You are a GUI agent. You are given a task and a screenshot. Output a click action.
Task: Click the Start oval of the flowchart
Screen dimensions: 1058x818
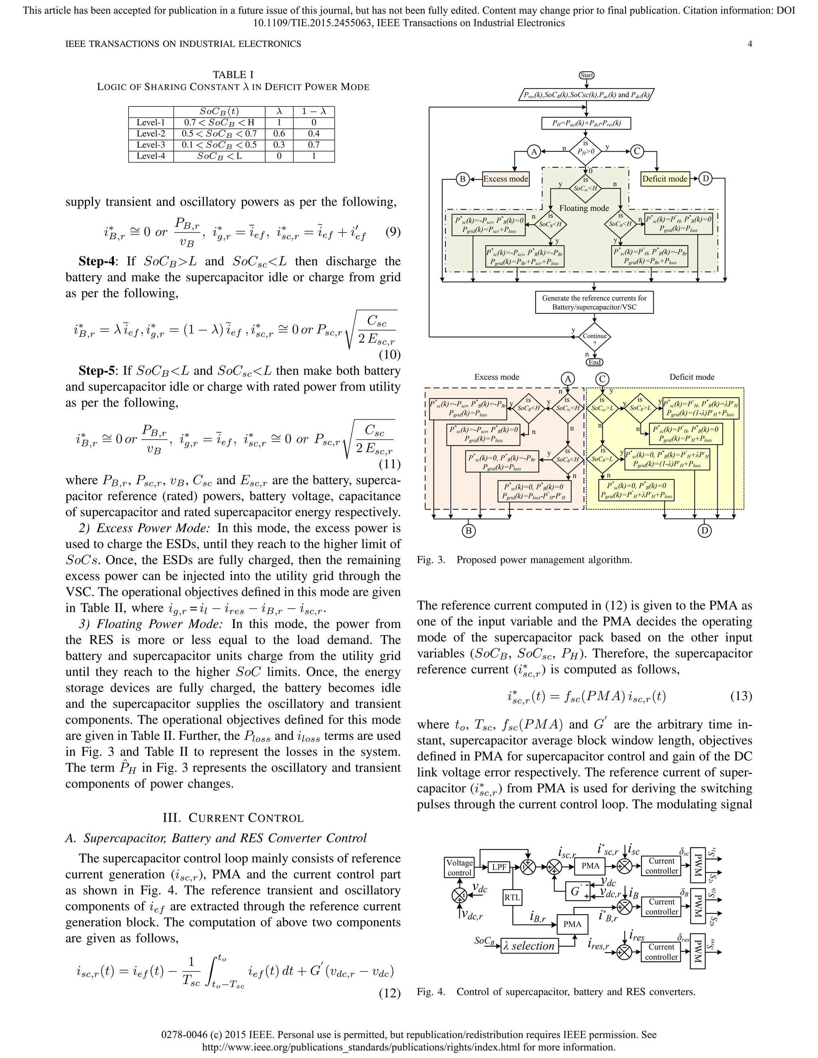586,75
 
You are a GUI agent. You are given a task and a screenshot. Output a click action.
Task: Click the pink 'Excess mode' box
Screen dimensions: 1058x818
505,179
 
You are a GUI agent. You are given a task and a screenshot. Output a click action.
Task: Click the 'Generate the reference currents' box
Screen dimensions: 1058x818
594,302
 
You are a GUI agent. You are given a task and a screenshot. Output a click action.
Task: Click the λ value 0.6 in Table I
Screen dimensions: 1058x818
279,134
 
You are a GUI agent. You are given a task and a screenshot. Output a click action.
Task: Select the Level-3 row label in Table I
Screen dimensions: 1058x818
151,145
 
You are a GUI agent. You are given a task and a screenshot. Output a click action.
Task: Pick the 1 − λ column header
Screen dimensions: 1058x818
314,111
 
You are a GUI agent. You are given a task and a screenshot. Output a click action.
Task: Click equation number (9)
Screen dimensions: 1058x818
393,232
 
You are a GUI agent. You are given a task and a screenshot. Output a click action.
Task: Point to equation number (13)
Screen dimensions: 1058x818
741,696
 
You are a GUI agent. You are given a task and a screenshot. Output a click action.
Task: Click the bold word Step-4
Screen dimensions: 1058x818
97,262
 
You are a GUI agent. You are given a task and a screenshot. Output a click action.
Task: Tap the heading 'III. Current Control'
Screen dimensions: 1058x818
233,818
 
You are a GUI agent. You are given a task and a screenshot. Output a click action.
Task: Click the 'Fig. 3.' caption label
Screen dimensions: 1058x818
431,560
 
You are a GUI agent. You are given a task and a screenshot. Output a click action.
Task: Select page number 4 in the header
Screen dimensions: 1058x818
750,44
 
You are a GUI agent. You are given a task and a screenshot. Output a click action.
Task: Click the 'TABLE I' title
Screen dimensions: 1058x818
233,75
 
